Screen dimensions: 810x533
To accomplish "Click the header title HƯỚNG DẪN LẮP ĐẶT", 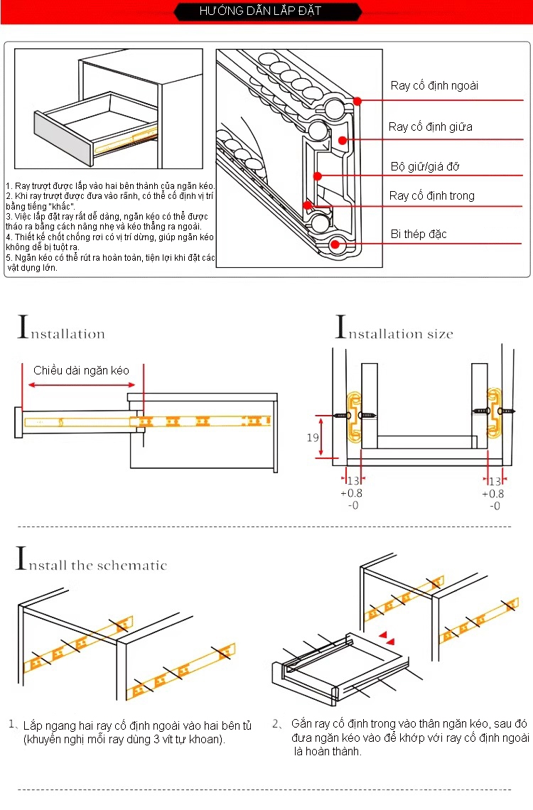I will pyautogui.click(x=259, y=11).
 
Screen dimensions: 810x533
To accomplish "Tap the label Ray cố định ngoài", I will pyautogui.click(x=434, y=86).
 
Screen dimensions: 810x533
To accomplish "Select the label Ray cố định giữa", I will pyautogui.click(x=430, y=127).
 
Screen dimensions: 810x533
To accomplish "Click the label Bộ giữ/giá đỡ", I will pyautogui.click(x=425, y=167).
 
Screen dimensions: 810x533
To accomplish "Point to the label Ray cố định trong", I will pyautogui.click(x=431, y=196).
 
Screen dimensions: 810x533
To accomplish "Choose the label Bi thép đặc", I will pyautogui.click(x=419, y=234).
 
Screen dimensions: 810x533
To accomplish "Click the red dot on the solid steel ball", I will pyautogui.click(x=335, y=245).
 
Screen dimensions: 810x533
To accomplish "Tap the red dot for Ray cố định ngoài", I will pyautogui.click(x=358, y=102).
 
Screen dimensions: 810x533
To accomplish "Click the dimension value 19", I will pyautogui.click(x=313, y=438).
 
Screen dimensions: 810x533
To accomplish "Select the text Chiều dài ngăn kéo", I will pyautogui.click(x=81, y=371).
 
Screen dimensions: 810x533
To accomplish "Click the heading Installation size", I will pyautogui.click(x=394, y=331).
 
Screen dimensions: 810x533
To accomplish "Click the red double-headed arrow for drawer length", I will pyautogui.click(x=85, y=386).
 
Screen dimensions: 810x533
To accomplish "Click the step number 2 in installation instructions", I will pyautogui.click(x=276, y=724).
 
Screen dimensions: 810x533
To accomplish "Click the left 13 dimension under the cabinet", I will pyautogui.click(x=353, y=481).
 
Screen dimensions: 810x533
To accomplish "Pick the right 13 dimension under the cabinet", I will pyautogui.click(x=495, y=481).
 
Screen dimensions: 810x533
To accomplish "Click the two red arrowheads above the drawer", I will pyautogui.click(x=387, y=637).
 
